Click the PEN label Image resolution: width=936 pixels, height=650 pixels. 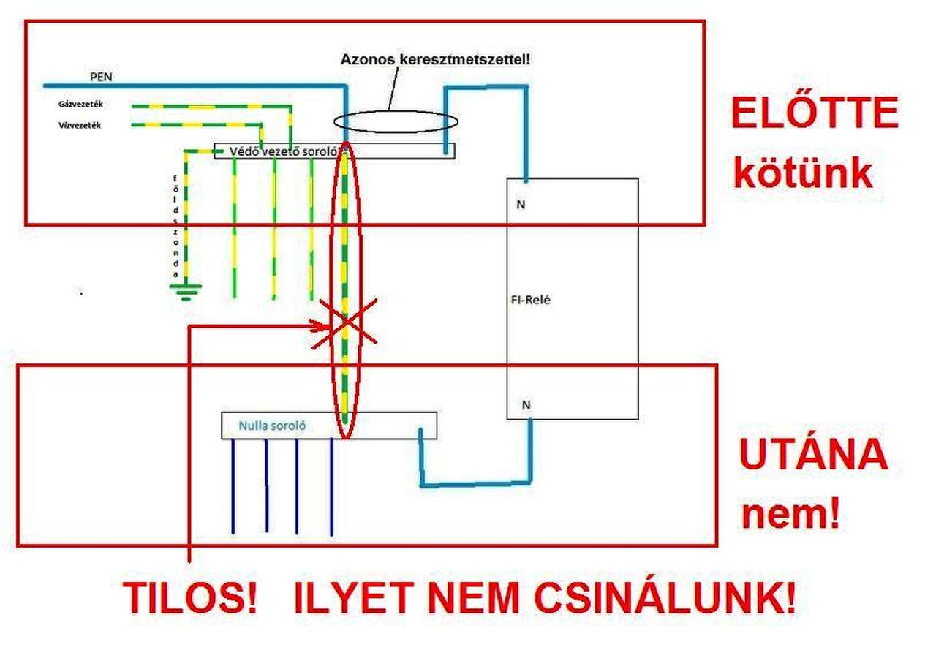tap(100, 77)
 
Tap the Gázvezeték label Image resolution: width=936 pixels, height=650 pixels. tap(80, 105)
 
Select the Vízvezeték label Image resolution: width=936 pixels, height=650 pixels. tap(80, 125)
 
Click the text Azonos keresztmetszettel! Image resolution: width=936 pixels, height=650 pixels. tap(435, 58)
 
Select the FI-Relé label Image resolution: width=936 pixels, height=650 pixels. tap(531, 300)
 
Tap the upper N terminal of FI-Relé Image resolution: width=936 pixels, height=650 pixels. tap(521, 205)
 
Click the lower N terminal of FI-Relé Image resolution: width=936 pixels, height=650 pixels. tap(525, 404)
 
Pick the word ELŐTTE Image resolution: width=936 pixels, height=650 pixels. tap(815, 113)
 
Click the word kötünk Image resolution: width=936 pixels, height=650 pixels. tap(803, 174)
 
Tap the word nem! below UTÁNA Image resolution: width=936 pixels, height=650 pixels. tap(790, 515)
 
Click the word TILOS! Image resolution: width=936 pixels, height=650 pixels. tap(191, 598)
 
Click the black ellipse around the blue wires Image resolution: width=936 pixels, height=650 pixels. tap(396, 121)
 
